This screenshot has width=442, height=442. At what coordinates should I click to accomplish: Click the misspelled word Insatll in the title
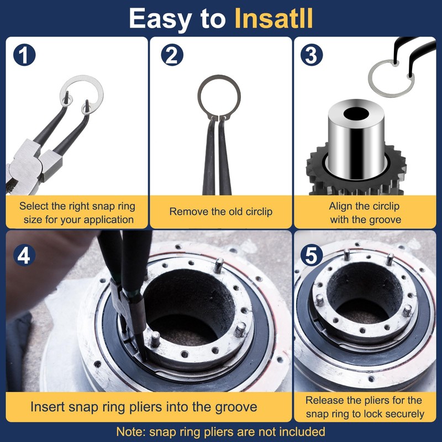274,18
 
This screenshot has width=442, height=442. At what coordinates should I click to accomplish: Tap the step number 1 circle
23,55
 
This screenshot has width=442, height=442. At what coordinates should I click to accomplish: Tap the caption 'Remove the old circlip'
220,212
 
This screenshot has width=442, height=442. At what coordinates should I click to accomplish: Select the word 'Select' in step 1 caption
33,206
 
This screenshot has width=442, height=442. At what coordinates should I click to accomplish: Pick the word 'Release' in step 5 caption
324,400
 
